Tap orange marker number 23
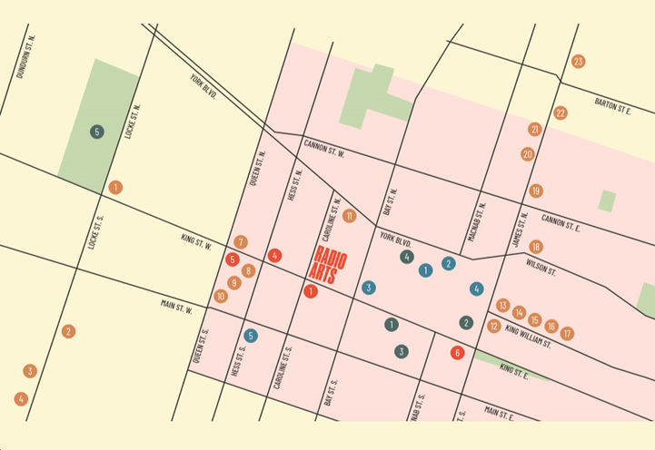[x=578, y=62]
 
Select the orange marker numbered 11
[x=349, y=216]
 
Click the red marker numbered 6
[x=457, y=353]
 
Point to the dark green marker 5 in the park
[x=97, y=132]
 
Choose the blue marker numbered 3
[x=368, y=288]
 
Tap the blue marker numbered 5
[x=251, y=336]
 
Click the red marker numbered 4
[x=274, y=256]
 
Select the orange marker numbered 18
[x=536, y=247]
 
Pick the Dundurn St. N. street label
[x=25, y=56]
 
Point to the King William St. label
[x=530, y=333]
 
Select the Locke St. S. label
[x=97, y=231]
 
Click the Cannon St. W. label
[x=324, y=148]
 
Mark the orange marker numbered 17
[x=567, y=333]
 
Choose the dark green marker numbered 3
[x=401, y=351]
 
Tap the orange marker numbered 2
[x=68, y=331]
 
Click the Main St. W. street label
[x=177, y=307]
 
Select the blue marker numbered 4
[x=476, y=289]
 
